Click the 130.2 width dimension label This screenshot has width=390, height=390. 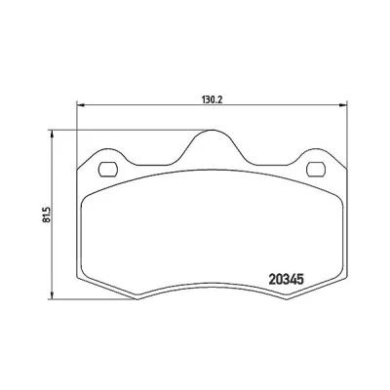pos(213,99)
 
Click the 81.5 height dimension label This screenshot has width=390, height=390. pos(47,214)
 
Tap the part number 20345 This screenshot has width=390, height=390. pos(287,280)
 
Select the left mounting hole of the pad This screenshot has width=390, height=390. pos(108,169)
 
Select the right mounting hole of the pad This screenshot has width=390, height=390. pos(316,169)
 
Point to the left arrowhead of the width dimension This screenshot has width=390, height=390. pos(81,104)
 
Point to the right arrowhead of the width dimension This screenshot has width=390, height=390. pos(343,104)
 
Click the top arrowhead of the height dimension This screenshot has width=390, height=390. pos(51,135)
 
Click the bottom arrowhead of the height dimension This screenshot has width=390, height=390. pos(51,295)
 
